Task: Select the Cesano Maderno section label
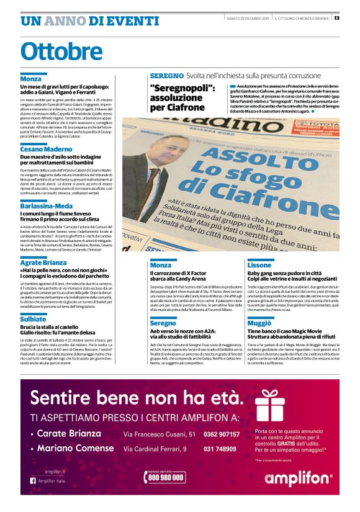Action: tap(46, 150)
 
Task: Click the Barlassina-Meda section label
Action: tap(46, 206)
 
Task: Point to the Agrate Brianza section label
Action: tap(44, 263)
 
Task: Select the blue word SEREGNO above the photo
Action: tap(166, 76)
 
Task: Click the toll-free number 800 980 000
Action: tap(166, 477)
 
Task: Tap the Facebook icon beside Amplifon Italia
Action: tap(33, 480)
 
